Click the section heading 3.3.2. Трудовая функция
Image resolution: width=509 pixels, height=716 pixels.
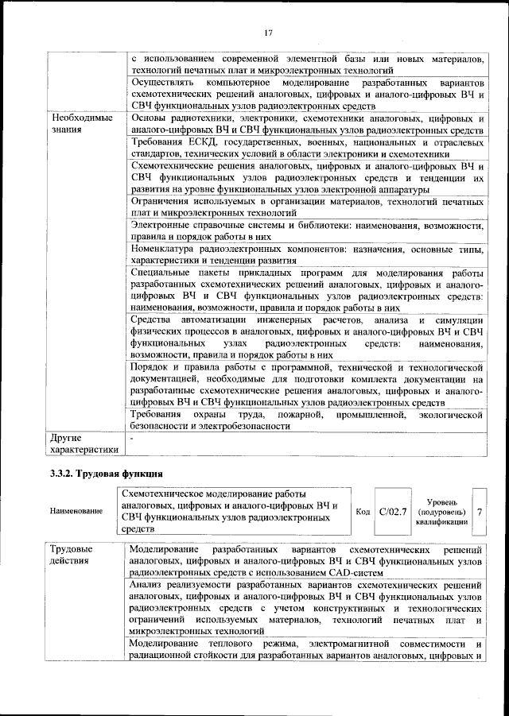(96, 474)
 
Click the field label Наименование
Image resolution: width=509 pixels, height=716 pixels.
(76, 511)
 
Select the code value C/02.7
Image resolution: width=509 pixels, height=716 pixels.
(393, 511)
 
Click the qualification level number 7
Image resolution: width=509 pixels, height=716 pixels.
(480, 511)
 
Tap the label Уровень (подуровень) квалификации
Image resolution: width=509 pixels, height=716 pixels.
(441, 512)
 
